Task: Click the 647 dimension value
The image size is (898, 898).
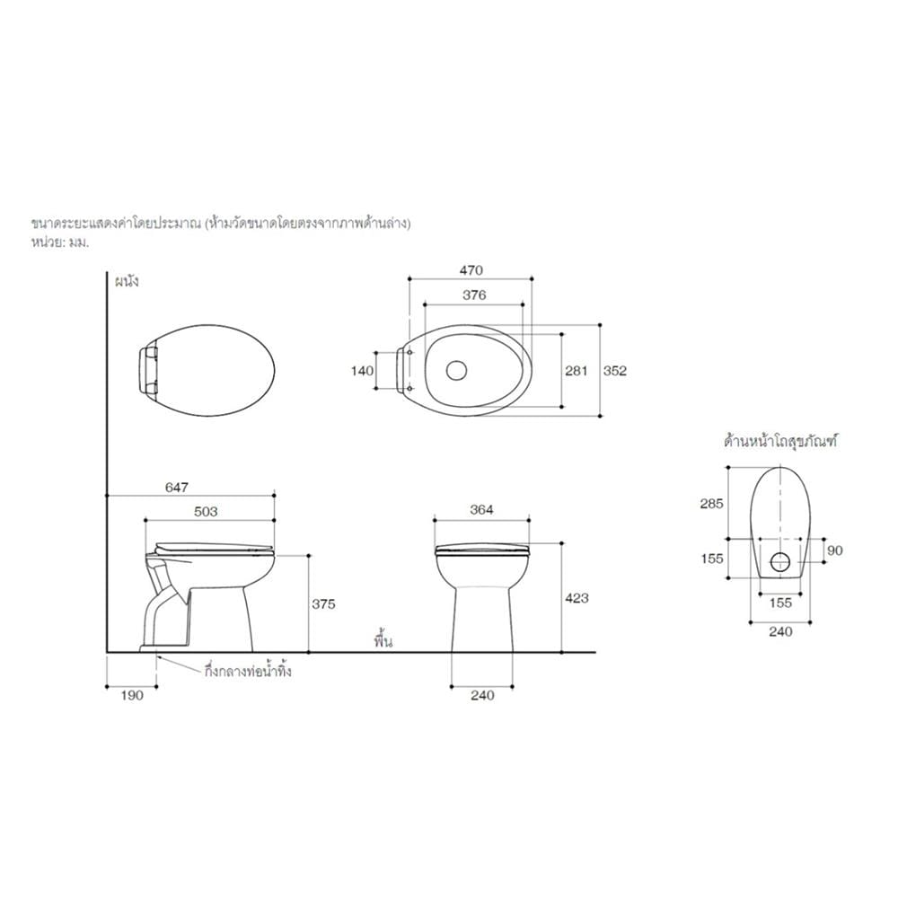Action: (x=176, y=487)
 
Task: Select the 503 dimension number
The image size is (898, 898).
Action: (x=206, y=512)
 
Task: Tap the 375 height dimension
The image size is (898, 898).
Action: (x=323, y=603)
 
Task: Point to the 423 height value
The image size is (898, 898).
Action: (x=577, y=598)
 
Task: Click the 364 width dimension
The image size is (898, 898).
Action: (x=481, y=510)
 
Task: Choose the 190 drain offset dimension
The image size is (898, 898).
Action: (x=132, y=695)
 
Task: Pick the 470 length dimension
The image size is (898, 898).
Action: (x=471, y=269)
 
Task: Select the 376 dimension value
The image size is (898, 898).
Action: (x=474, y=295)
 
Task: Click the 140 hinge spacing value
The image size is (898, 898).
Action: (x=362, y=371)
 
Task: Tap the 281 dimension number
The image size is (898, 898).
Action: (x=577, y=371)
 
